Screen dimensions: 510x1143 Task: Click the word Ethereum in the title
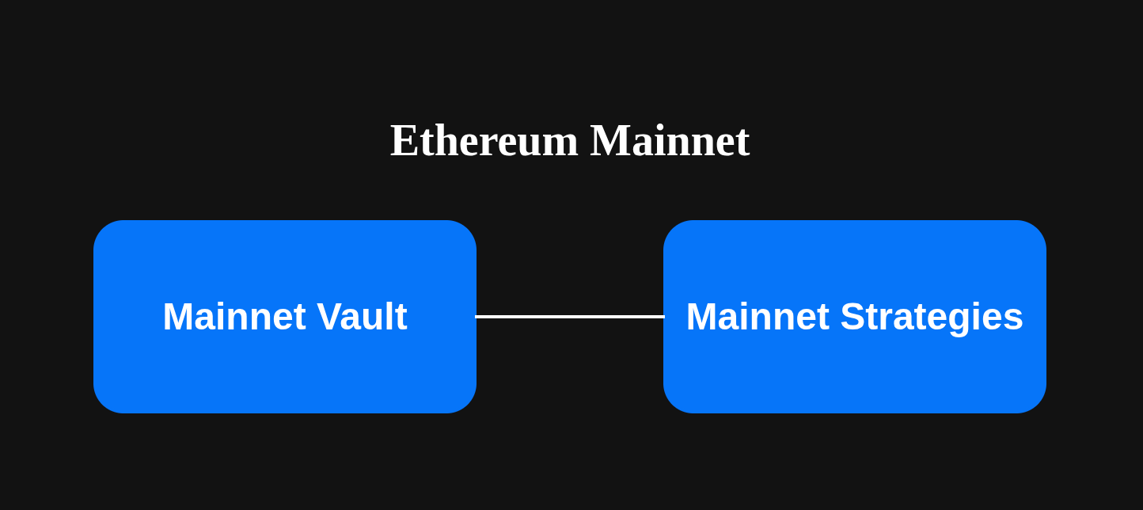(484, 141)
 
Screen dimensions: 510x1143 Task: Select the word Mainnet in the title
(669, 141)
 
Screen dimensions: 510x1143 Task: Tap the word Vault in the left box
(362, 317)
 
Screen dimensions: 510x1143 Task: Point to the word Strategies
(932, 317)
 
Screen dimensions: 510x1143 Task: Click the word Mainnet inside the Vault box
(234, 317)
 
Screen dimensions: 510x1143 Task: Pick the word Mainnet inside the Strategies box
(757, 317)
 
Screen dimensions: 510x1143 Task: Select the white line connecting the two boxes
(570, 317)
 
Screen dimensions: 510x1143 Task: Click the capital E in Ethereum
(404, 141)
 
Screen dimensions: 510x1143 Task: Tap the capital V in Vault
(329, 317)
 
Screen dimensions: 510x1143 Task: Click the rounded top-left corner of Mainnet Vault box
(103, 230)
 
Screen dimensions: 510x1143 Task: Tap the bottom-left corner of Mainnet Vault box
(103, 404)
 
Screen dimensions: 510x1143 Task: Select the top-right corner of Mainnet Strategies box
(1037, 230)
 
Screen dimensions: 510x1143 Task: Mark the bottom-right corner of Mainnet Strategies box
(1037, 404)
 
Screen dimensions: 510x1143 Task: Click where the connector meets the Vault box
(477, 317)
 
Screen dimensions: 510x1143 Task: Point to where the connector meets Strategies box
(663, 317)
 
